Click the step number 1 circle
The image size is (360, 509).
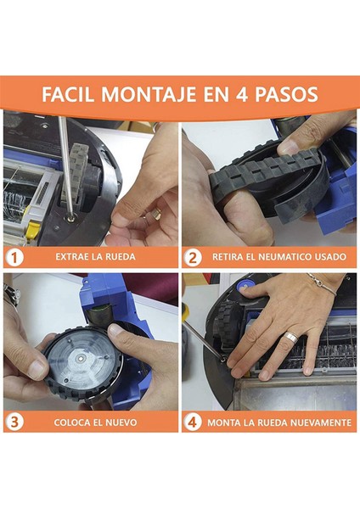(14, 257)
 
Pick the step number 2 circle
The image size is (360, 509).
(193, 257)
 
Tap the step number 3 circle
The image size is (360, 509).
(14, 422)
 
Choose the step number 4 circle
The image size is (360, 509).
(193, 422)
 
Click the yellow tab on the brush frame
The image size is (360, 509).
(30, 230)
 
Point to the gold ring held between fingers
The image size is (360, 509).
(156, 214)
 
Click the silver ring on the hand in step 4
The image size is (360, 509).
(291, 337)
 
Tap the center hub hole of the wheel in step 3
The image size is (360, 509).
(80, 358)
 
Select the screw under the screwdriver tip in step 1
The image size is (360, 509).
(70, 219)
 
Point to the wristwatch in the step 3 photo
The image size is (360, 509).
(10, 294)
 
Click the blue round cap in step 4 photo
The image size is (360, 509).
(244, 286)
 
